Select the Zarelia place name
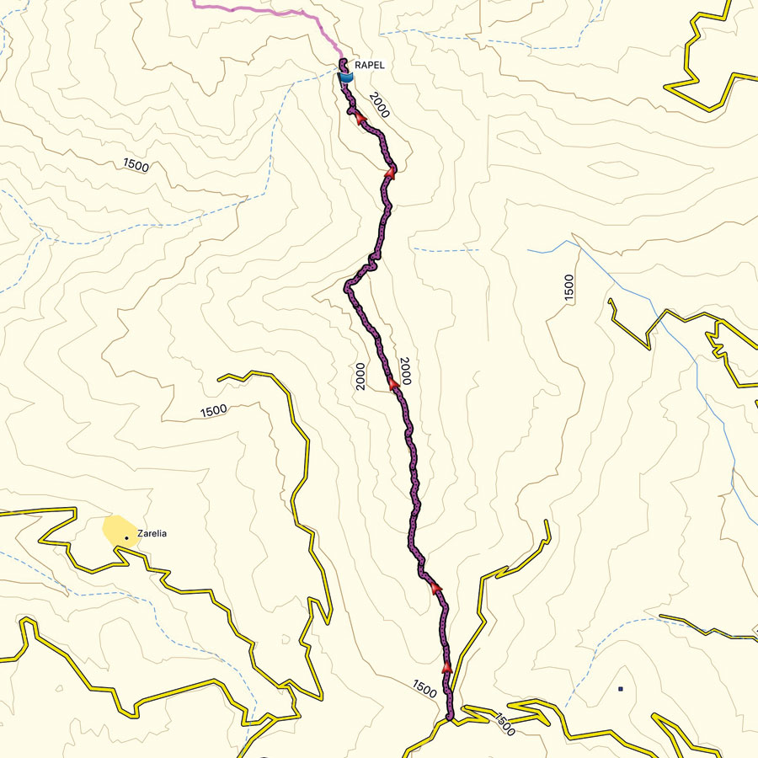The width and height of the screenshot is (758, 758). click(x=153, y=533)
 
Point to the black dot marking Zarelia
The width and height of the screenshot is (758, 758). click(x=126, y=536)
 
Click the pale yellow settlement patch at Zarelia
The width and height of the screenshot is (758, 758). click(x=116, y=531)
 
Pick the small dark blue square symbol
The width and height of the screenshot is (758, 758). click(x=621, y=689)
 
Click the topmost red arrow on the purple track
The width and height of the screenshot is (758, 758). click(x=359, y=118)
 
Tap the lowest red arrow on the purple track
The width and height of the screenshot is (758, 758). click(x=446, y=667)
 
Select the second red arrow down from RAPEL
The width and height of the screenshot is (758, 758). click(x=390, y=173)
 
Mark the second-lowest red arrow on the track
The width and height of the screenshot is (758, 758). click(x=435, y=586)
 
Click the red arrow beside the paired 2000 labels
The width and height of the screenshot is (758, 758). click(x=393, y=384)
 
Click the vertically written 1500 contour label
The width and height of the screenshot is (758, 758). click(x=569, y=288)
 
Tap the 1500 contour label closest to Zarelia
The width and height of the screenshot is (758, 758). click(x=214, y=411)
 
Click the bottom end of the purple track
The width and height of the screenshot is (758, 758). click(x=450, y=717)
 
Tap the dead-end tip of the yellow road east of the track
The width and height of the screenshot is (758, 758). click(x=547, y=522)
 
